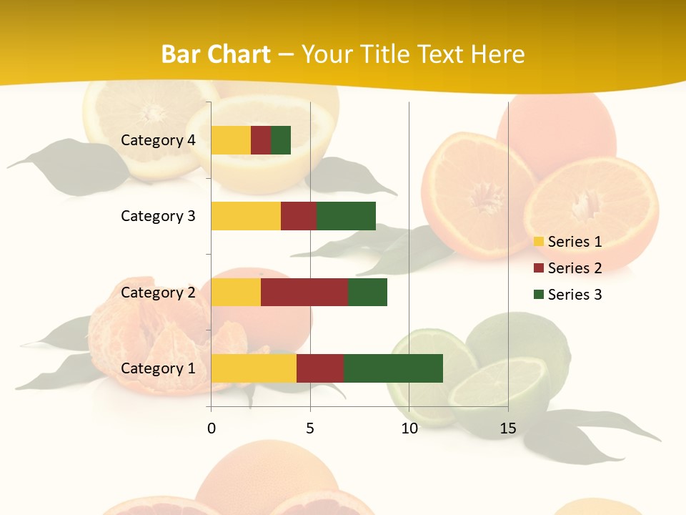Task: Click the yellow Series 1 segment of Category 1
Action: pyautogui.click(x=254, y=368)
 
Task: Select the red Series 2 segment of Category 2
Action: pyautogui.click(x=304, y=292)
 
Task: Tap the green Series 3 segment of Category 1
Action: pyautogui.click(x=393, y=368)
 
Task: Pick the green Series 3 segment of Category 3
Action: pyautogui.click(x=346, y=216)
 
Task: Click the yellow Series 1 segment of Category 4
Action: pyautogui.click(x=231, y=140)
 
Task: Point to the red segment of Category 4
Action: pyautogui.click(x=261, y=140)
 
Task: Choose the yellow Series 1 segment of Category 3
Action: pyautogui.click(x=246, y=216)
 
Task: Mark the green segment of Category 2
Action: pyautogui.click(x=367, y=292)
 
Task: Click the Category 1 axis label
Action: pyautogui.click(x=158, y=368)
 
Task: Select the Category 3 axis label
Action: pyautogui.click(x=158, y=216)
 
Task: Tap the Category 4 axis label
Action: pyautogui.click(x=158, y=140)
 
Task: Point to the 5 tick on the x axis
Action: pyautogui.click(x=310, y=428)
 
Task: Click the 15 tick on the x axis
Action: pyautogui.click(x=508, y=428)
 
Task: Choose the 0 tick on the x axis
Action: pyautogui.click(x=211, y=428)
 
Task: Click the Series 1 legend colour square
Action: pyautogui.click(x=538, y=242)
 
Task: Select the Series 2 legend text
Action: pyautogui.click(x=575, y=268)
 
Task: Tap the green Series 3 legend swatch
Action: pyautogui.click(x=538, y=295)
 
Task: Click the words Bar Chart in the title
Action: pyautogui.click(x=216, y=54)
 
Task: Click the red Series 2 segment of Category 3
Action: pyautogui.click(x=299, y=216)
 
